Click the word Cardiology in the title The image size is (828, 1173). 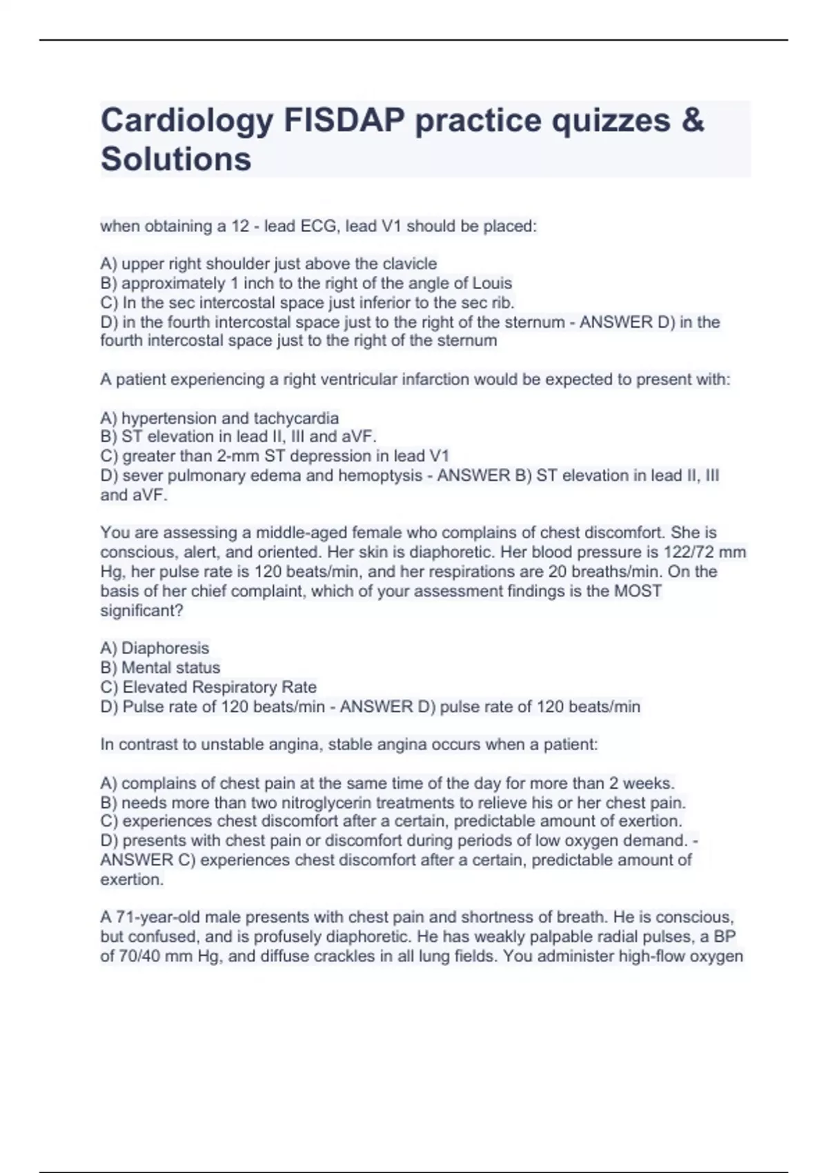[187, 121]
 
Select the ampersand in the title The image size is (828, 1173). [692, 120]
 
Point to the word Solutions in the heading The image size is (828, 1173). [176, 159]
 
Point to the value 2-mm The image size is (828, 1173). [238, 456]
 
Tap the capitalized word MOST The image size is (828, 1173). [638, 591]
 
